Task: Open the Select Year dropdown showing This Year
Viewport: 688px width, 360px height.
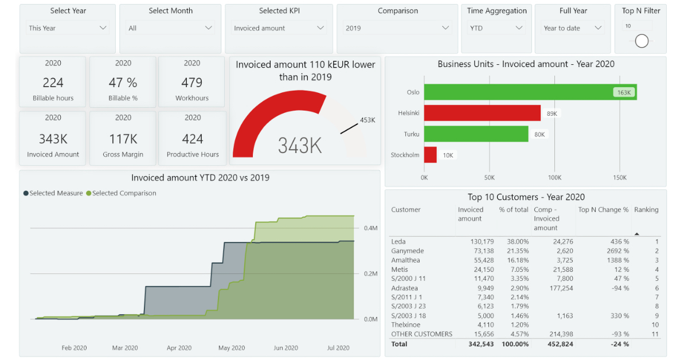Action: click(68, 28)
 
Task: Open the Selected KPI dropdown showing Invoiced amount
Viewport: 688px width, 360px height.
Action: click(279, 28)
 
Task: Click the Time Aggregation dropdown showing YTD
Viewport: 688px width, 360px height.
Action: click(496, 28)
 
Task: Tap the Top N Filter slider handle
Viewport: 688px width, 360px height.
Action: click(642, 41)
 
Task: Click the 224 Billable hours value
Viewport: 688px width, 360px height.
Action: click(53, 83)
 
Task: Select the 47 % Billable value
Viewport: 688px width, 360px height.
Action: click(123, 83)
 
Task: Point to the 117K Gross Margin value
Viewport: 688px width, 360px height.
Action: click(123, 139)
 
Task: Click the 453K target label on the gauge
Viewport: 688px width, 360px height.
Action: click(367, 120)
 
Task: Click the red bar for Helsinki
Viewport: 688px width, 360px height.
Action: click(482, 113)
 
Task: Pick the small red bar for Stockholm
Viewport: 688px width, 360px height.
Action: click(430, 155)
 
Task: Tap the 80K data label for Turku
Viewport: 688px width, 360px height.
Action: click(540, 135)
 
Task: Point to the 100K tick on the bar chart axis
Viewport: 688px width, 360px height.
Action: click(554, 178)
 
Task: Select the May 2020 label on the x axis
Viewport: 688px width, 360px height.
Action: click(232, 348)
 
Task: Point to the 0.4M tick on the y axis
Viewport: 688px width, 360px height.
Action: click(370, 228)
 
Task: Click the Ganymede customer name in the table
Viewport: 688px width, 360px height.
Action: click(408, 251)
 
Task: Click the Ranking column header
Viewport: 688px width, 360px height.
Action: click(646, 210)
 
